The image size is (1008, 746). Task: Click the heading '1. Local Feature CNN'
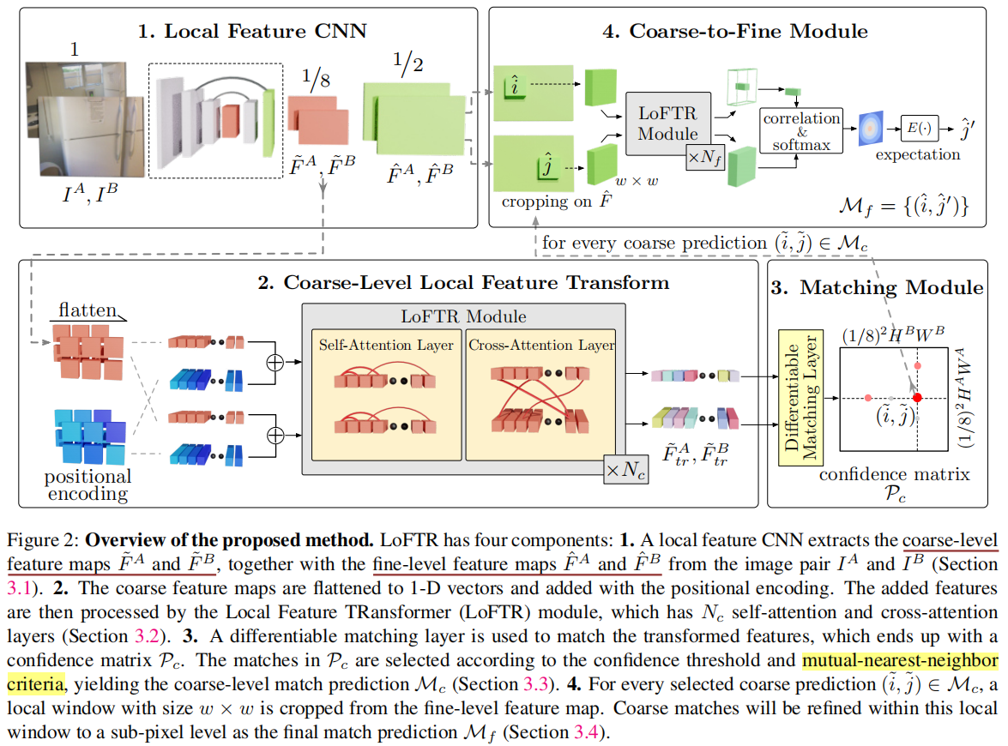point(253,33)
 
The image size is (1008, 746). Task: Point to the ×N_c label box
point(626,470)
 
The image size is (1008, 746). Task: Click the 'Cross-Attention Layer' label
point(541,345)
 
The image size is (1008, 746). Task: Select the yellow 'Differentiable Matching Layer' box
point(800,398)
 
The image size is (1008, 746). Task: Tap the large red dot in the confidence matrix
point(917,398)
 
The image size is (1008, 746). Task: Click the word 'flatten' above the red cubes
point(88,310)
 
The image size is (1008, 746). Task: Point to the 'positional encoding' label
point(88,484)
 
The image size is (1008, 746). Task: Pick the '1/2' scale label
point(409,63)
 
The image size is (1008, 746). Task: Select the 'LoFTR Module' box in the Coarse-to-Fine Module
point(668,123)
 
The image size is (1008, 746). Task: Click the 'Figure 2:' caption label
point(43,541)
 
